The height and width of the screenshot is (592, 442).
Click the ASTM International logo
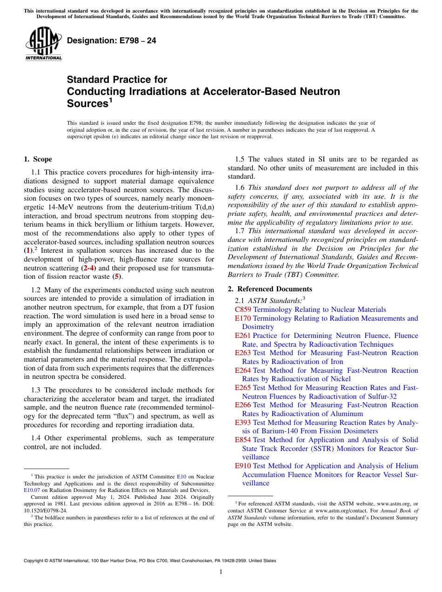pos(43,44)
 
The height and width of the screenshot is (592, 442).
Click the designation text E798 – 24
pos(112,41)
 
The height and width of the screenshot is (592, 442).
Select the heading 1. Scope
pos(38,159)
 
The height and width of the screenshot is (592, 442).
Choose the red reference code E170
pos(243,318)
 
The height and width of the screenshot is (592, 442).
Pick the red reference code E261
pos(243,336)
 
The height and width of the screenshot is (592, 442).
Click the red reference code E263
pos(243,353)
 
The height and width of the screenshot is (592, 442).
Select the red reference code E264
pos(243,370)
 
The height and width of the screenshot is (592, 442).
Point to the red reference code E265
pos(243,388)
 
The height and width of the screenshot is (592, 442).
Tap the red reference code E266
pos(243,405)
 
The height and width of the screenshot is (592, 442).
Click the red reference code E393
pos(243,423)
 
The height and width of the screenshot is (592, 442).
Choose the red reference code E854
pos(243,440)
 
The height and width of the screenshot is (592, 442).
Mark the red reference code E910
pos(243,466)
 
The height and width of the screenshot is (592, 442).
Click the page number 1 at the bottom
pos(221,572)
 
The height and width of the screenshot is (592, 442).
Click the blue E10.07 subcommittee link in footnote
pos(32,490)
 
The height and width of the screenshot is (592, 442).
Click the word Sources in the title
pos(87,104)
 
